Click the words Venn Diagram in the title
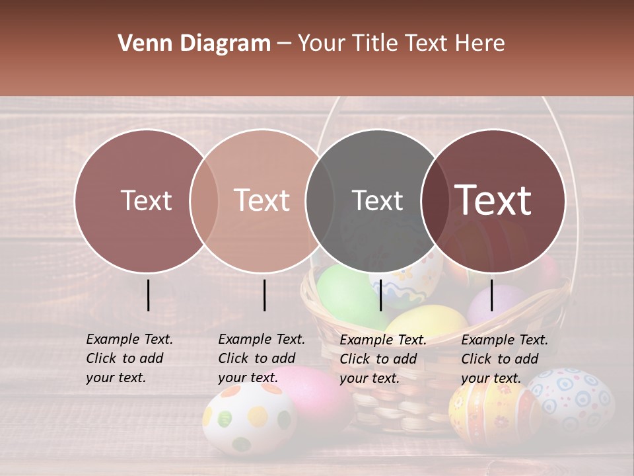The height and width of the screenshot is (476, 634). point(194,44)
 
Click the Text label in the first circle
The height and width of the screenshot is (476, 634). point(146,200)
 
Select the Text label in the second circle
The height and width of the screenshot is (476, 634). point(262,200)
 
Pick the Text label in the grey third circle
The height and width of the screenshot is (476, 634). point(377,200)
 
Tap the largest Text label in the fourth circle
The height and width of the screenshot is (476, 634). point(493,200)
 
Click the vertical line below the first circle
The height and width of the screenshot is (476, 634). point(148,295)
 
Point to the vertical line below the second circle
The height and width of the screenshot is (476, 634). point(264,295)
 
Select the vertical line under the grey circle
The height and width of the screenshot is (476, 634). point(380,295)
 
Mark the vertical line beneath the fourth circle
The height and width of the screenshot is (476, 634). point(491,295)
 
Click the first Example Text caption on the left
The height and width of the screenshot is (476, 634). point(129,358)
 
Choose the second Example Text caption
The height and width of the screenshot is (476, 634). point(262,358)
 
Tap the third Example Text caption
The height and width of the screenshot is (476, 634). point(383,359)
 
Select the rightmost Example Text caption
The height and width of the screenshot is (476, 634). point(505,359)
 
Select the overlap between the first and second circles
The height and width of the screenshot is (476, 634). point(204,201)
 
